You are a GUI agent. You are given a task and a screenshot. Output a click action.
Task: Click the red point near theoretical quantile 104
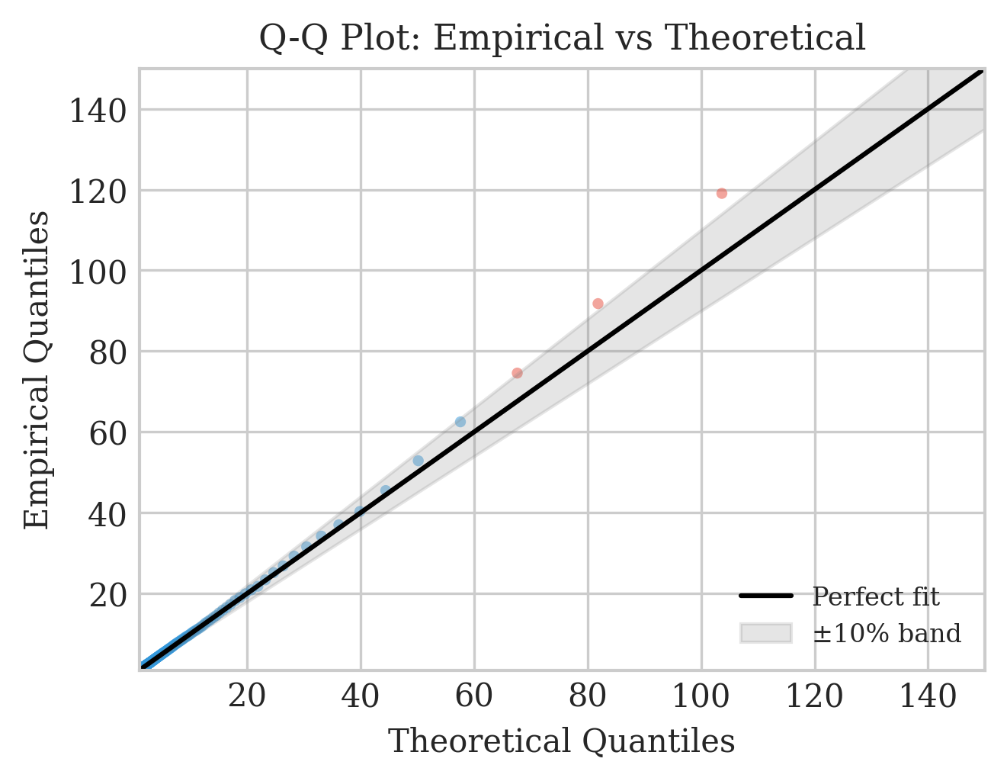[721, 193]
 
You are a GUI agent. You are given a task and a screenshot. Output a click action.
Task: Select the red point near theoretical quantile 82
[598, 304]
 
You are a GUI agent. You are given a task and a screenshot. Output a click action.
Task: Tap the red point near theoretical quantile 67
[517, 373]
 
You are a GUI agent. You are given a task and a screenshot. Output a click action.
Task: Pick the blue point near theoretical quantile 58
[460, 422]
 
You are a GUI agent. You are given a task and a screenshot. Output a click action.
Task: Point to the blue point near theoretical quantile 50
[418, 461]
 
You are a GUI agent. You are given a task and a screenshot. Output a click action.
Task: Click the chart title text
[562, 38]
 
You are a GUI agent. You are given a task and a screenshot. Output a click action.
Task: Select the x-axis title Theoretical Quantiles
[562, 741]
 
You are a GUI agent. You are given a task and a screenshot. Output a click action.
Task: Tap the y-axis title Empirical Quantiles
[37, 369]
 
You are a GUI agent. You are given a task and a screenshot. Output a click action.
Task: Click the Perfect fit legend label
[876, 596]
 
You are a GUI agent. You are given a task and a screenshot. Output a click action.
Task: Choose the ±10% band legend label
[887, 633]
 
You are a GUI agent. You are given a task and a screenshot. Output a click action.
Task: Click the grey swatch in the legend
[766, 633]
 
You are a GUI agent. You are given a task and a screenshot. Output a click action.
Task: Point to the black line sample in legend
[766, 596]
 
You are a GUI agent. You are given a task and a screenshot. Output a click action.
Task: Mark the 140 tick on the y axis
[98, 111]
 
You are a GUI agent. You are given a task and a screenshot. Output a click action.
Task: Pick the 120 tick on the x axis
[814, 696]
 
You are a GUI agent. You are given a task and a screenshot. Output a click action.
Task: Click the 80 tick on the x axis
[588, 696]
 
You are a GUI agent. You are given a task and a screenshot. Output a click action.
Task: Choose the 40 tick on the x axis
[361, 696]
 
